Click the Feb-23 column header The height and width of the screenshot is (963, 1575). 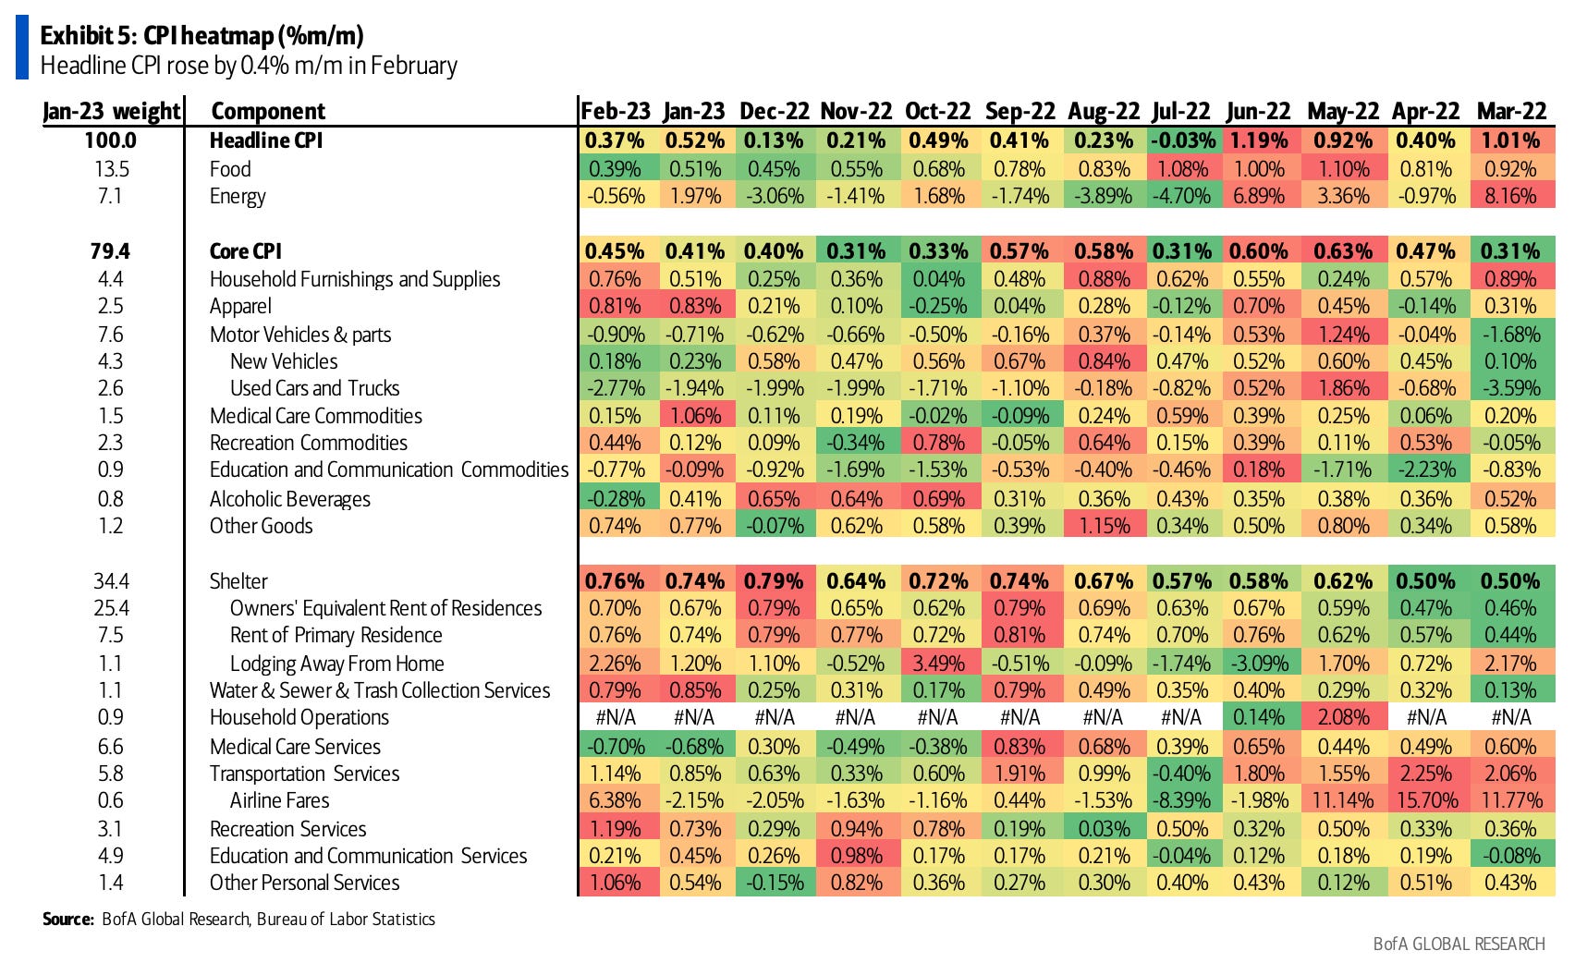pyautogui.click(x=616, y=111)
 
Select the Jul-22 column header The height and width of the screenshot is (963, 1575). pyautogui.click(x=1181, y=111)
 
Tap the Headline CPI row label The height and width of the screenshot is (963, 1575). pyautogui.click(x=266, y=140)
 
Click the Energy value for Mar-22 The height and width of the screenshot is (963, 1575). pyautogui.click(x=1510, y=196)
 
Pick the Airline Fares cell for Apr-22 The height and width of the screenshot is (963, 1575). pyautogui.click(x=1426, y=800)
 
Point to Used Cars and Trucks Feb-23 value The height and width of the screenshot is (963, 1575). pyautogui.click(x=616, y=388)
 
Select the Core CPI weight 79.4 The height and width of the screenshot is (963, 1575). pyautogui.click(x=111, y=251)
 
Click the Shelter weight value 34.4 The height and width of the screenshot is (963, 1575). pyautogui.click(x=111, y=581)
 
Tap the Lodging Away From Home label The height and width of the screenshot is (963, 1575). pyautogui.click(x=336, y=664)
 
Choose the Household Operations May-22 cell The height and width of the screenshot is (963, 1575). pyautogui.click(x=1343, y=717)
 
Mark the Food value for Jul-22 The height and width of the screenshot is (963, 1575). pyautogui.click(x=1181, y=169)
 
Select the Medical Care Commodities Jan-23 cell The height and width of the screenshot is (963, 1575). pyautogui.click(x=695, y=416)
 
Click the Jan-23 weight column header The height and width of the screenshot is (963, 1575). pyautogui.click(x=112, y=111)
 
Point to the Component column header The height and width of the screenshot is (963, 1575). pyautogui.click(x=268, y=111)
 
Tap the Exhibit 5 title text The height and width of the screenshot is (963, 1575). pyautogui.click(x=201, y=36)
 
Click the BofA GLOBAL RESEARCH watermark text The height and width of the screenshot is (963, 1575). pyautogui.click(x=1459, y=944)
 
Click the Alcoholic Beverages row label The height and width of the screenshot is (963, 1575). pyautogui.click(x=289, y=499)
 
